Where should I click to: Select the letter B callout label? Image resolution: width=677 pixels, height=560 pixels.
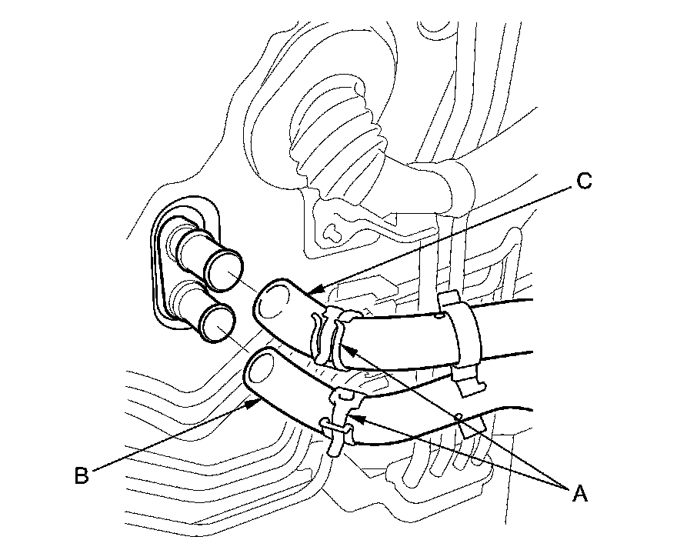click(x=82, y=475)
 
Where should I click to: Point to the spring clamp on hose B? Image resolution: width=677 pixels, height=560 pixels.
click(x=338, y=423)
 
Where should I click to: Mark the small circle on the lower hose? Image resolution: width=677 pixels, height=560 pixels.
click(x=459, y=416)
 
